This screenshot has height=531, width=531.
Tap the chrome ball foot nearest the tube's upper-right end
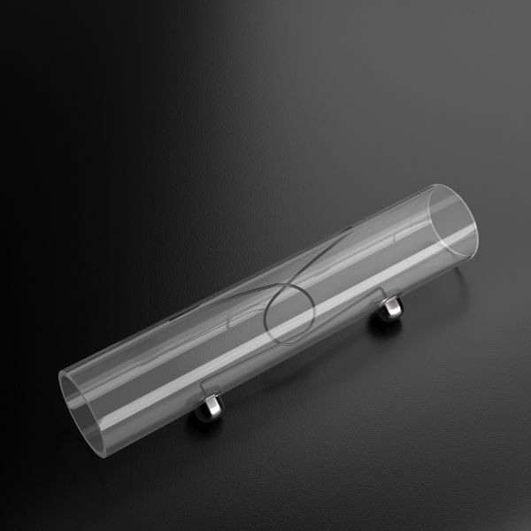point(390,309)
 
